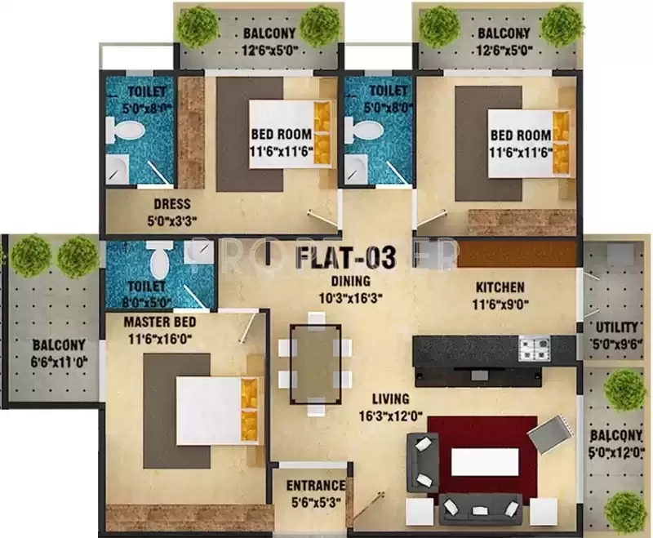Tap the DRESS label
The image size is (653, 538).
pos(171,204)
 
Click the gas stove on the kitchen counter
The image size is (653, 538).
pos(535,350)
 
